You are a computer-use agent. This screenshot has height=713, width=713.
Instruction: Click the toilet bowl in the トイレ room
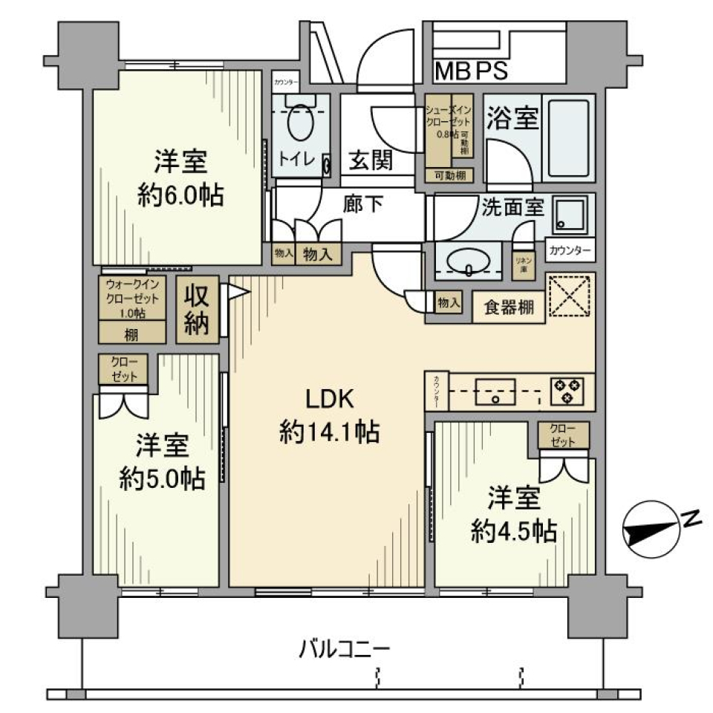[x=300, y=123]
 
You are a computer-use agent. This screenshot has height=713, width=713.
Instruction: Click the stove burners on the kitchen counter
[x=567, y=391]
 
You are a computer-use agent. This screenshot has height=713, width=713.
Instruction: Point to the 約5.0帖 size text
[x=163, y=479]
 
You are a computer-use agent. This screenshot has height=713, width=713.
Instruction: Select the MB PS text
[x=471, y=72]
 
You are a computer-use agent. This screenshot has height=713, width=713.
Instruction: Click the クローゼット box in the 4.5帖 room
[x=564, y=435]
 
